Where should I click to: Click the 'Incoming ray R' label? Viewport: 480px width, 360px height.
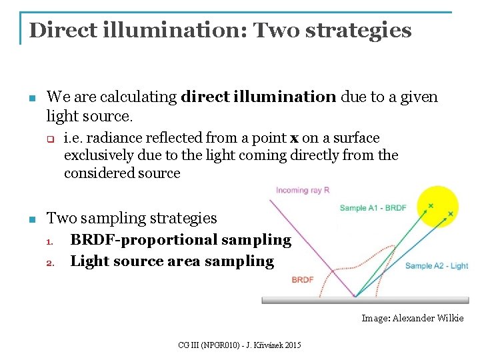(303, 191)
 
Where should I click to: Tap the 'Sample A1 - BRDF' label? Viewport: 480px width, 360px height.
(373, 208)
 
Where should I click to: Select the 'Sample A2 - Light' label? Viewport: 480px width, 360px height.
(437, 266)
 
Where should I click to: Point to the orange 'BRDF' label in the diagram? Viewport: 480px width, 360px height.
(302, 280)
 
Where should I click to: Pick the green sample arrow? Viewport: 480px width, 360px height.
(393, 250)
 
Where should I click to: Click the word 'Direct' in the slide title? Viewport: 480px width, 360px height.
(60, 30)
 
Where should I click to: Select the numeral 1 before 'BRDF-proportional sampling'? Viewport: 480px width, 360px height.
(50, 241)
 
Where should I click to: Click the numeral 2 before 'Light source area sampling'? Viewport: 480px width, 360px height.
(50, 262)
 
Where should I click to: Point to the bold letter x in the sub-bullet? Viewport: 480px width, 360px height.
(294, 139)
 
